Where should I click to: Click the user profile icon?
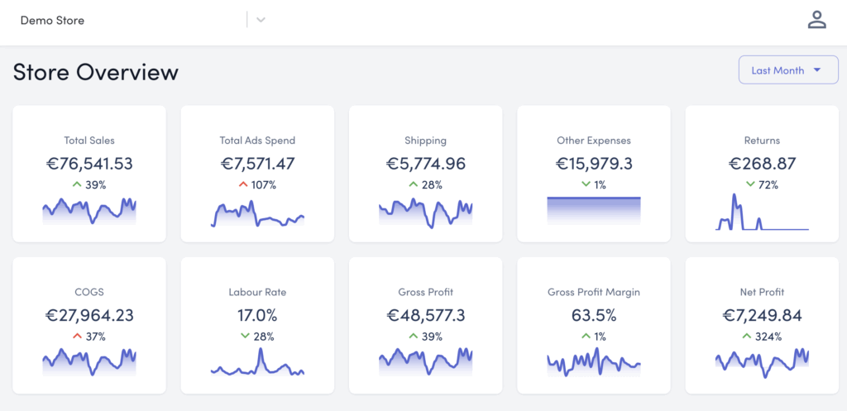click(817, 20)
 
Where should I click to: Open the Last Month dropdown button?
click(787, 70)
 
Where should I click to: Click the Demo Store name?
click(52, 20)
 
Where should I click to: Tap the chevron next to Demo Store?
click(261, 20)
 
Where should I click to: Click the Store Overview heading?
click(96, 72)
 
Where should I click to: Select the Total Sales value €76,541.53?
click(89, 164)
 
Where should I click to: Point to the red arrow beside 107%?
click(244, 184)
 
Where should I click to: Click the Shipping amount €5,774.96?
click(426, 164)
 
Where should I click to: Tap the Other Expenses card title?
click(594, 141)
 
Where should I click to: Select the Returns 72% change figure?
click(768, 184)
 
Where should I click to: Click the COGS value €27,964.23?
click(89, 315)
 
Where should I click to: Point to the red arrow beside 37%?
click(76, 336)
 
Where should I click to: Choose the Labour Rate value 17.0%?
click(257, 315)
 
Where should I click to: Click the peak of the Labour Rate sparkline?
click(261, 350)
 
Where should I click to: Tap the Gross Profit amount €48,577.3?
click(426, 315)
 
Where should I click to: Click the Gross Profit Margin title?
click(594, 292)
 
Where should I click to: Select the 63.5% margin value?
click(594, 315)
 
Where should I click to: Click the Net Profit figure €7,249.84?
click(762, 315)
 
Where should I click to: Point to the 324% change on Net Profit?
click(768, 336)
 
